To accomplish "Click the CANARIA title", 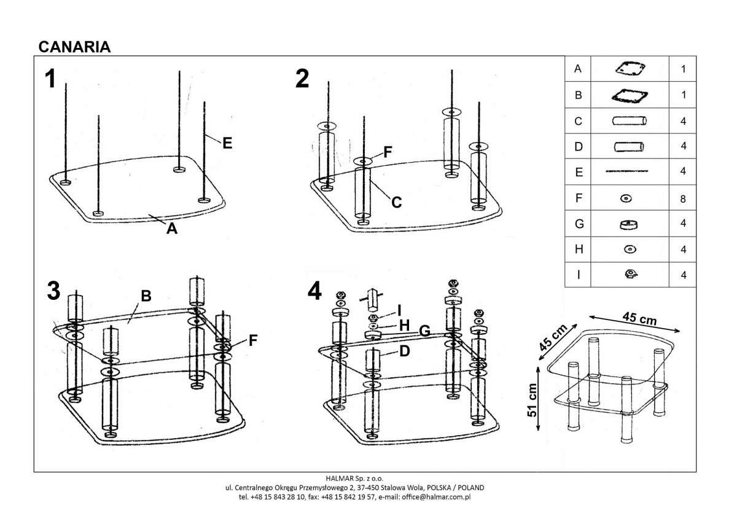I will (74, 47).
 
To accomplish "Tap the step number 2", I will (302, 79).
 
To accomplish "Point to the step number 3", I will (53, 291).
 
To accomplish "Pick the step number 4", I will (314, 291).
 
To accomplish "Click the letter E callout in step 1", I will (227, 143).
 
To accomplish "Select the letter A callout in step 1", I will (172, 229).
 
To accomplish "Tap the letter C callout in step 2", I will (397, 202).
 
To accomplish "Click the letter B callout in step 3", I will (146, 296).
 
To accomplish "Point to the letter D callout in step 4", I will (404, 351).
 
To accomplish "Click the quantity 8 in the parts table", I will (683, 198).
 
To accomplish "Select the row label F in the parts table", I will (577, 198).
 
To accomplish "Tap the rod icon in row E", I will (627, 173).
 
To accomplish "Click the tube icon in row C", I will (628, 121).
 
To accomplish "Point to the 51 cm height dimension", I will (532, 399).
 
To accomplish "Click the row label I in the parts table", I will (577, 275).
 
